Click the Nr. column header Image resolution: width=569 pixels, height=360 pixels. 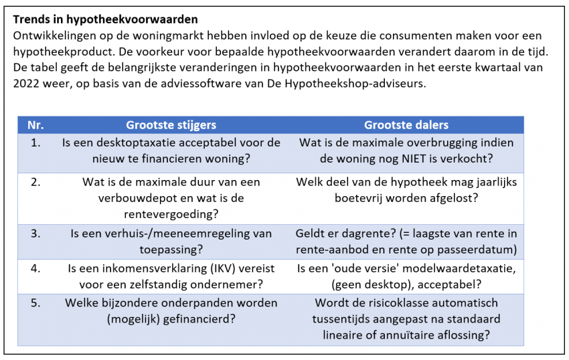(x=35, y=125)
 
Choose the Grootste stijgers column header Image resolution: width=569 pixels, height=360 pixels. (x=171, y=125)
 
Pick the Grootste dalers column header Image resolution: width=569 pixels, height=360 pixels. (x=406, y=125)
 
